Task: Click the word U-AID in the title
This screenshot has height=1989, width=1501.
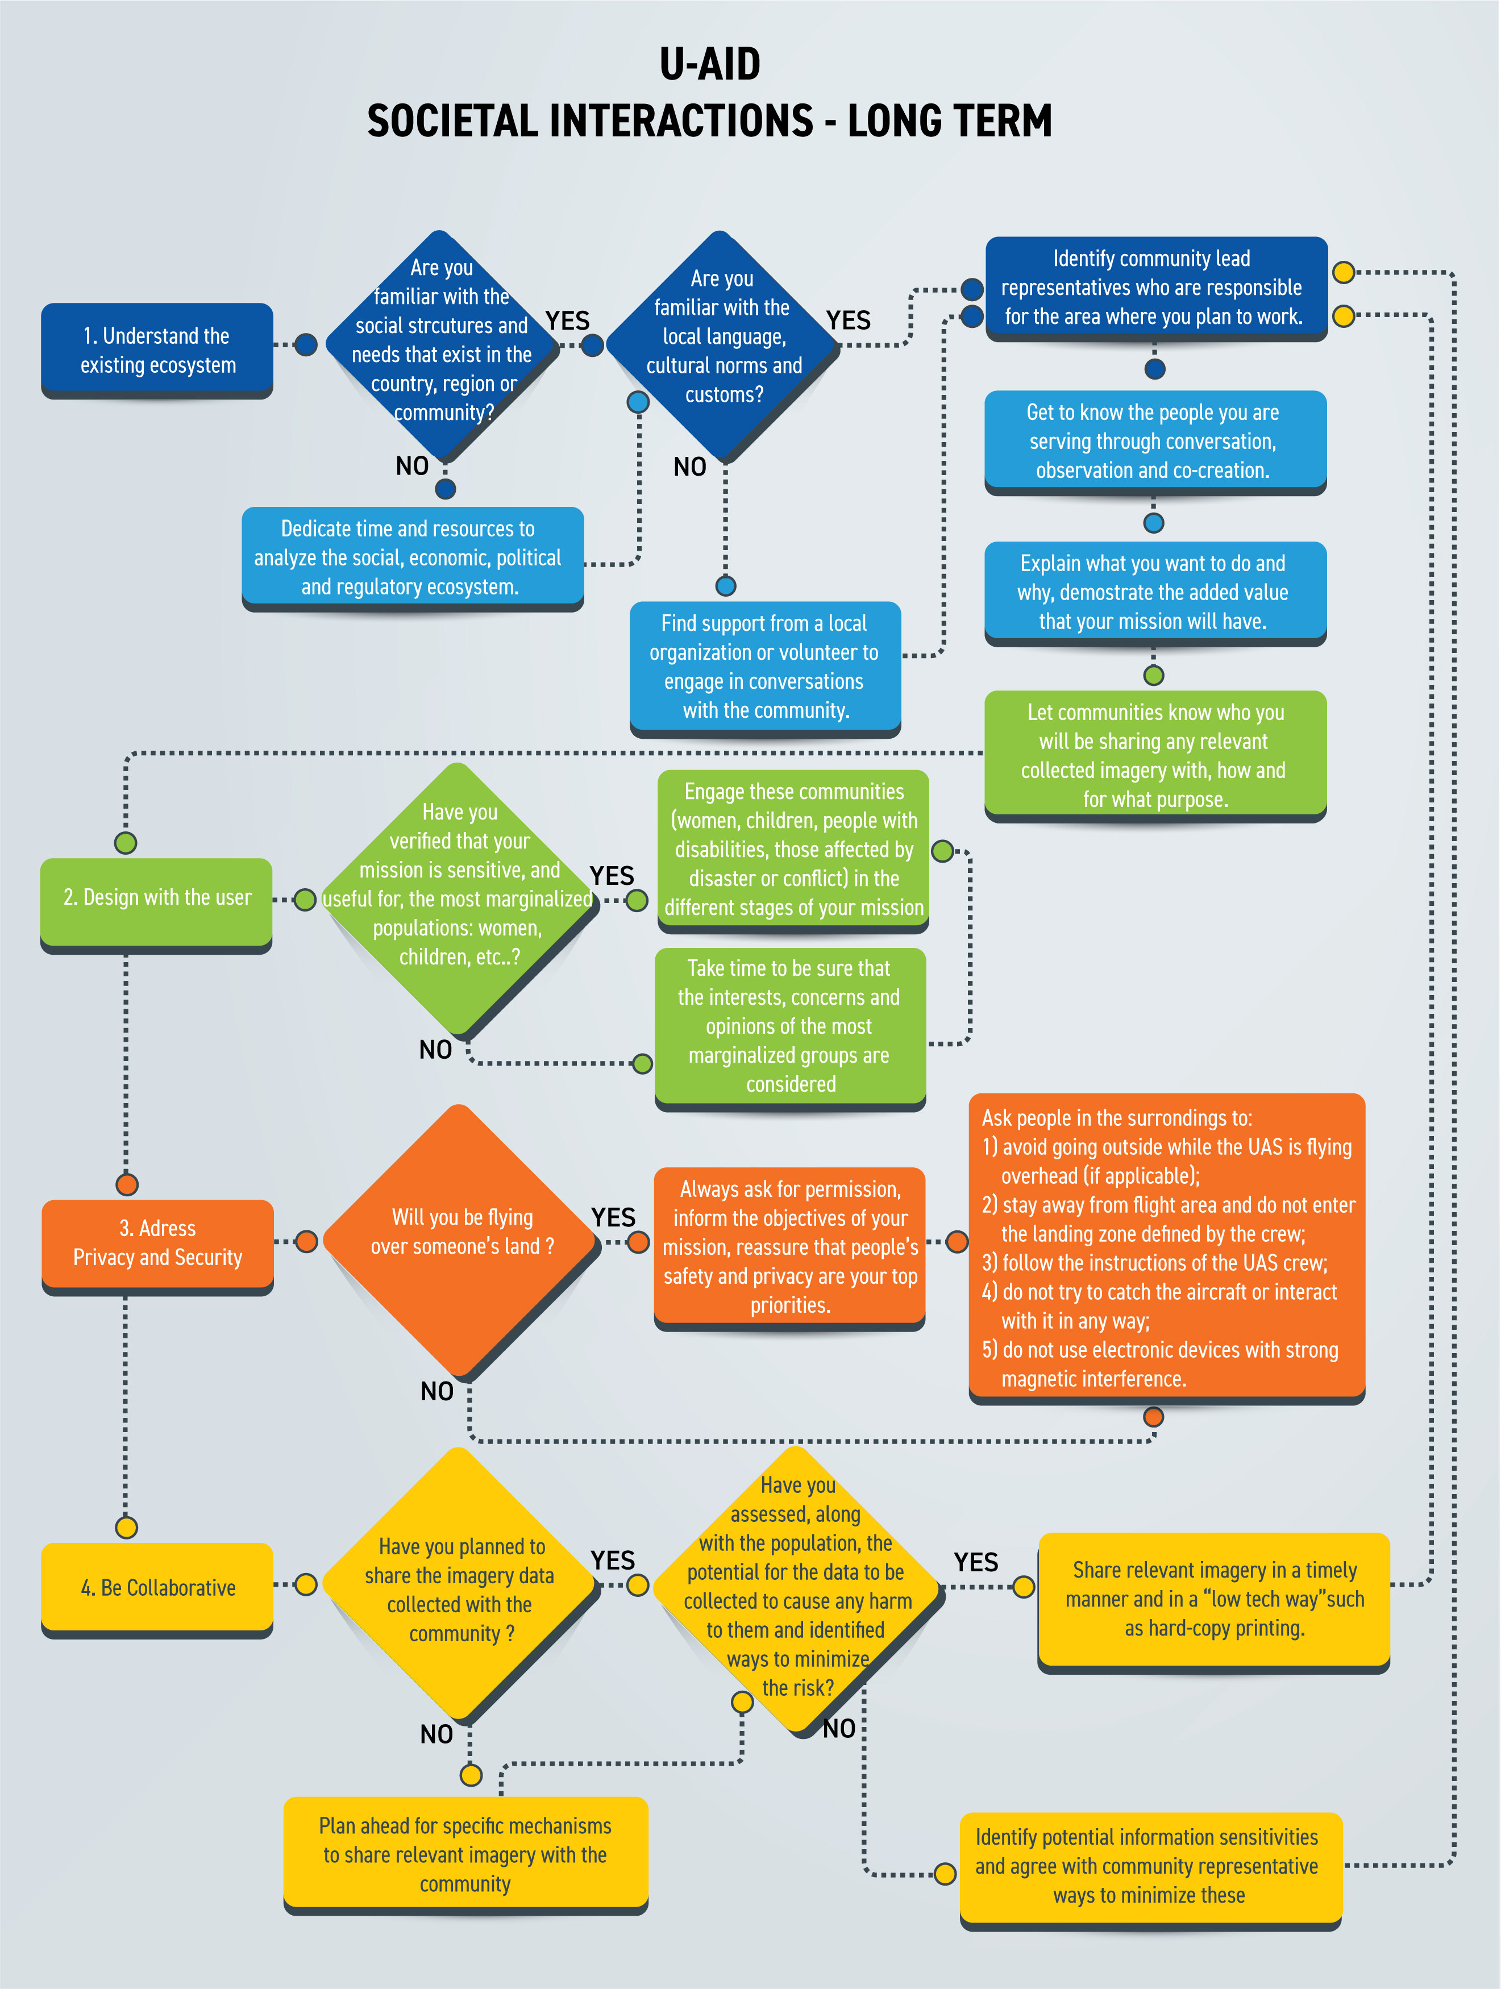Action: tap(710, 64)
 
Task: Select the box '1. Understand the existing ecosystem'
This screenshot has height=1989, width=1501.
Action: tap(157, 351)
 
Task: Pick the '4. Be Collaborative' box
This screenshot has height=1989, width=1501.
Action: tap(157, 1589)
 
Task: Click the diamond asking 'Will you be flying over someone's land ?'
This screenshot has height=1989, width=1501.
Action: tap(460, 1242)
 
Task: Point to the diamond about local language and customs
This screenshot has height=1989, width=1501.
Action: tap(722, 348)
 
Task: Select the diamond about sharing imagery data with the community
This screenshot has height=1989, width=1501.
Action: tap(460, 1586)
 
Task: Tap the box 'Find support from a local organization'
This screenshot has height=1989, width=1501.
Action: tap(766, 669)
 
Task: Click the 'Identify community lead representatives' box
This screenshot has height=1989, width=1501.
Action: tap(1157, 289)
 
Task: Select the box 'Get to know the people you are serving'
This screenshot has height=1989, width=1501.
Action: tap(1155, 442)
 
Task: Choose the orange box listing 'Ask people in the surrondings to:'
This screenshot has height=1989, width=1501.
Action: tap(1166, 1248)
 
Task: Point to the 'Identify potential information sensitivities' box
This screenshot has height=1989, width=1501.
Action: tap(1151, 1870)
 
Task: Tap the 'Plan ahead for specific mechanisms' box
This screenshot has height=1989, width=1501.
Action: tap(466, 1855)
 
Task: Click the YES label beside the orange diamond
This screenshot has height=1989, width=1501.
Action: tap(613, 1217)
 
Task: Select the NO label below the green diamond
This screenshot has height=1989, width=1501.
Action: tap(435, 1050)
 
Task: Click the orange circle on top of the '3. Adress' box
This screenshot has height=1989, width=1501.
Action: tap(127, 1184)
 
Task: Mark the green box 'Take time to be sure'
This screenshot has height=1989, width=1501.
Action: tap(791, 1029)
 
